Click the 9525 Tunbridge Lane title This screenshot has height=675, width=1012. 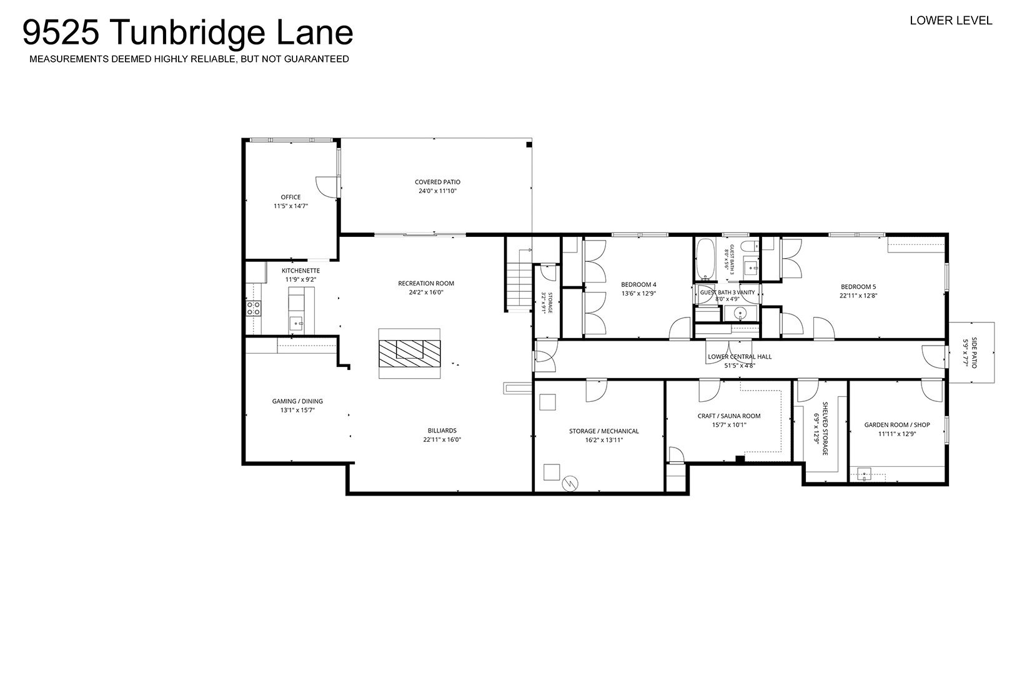[x=187, y=33]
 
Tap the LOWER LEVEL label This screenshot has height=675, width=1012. [x=951, y=21]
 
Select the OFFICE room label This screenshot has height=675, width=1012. [x=290, y=197]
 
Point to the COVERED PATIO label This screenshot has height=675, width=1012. [x=437, y=182]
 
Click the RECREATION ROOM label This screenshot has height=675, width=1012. [x=426, y=284]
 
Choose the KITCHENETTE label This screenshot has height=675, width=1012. [x=300, y=271]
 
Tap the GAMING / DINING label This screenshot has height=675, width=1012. [x=297, y=401]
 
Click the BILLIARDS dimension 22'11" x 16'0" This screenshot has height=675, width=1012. [x=442, y=439]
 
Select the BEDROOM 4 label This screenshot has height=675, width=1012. [x=638, y=285]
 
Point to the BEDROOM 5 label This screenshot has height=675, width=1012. [x=858, y=287]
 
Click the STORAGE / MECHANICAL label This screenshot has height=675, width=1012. [x=603, y=431]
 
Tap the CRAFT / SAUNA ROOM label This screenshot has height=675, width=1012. [x=729, y=416]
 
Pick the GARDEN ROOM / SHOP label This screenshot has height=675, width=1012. [x=897, y=425]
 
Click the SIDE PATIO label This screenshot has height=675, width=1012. [x=974, y=352]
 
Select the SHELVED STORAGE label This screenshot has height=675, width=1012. [x=825, y=429]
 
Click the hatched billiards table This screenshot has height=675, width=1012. [x=409, y=354]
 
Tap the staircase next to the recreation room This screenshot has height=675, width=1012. [x=519, y=287]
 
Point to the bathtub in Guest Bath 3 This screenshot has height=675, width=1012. [x=704, y=259]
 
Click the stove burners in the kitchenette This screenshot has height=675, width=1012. [x=253, y=308]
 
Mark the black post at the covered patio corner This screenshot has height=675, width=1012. [x=528, y=144]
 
